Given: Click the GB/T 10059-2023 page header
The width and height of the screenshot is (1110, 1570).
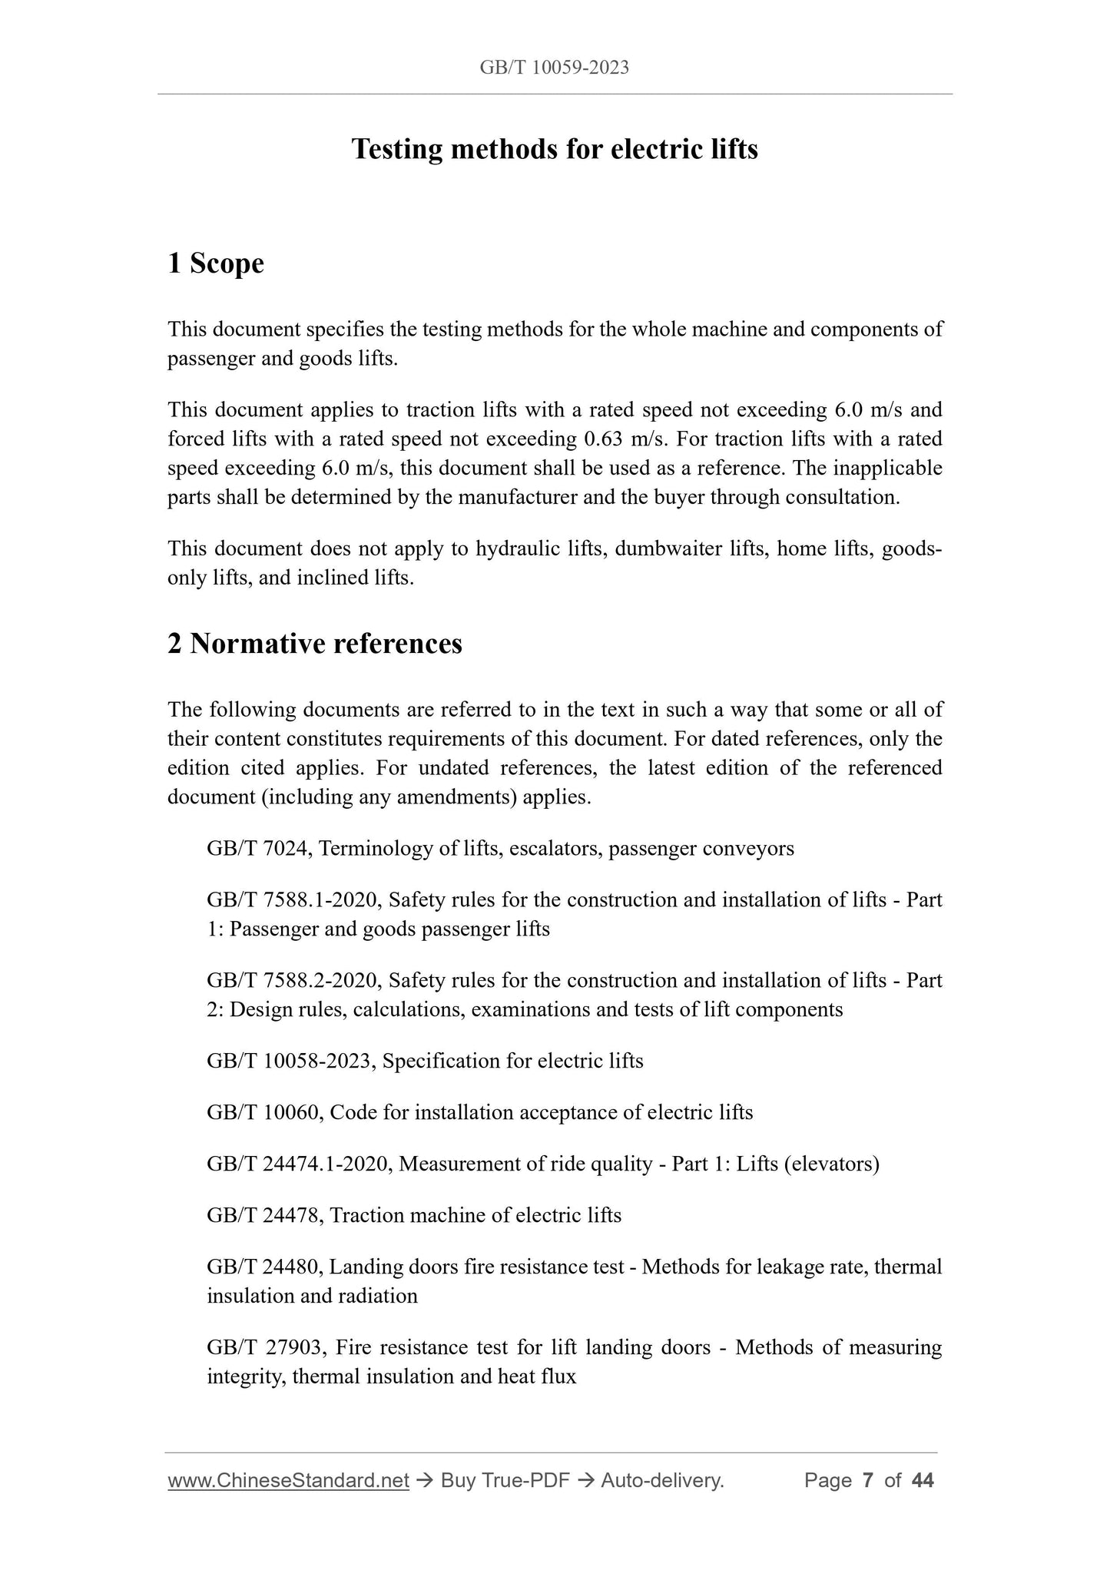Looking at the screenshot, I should point(554,68).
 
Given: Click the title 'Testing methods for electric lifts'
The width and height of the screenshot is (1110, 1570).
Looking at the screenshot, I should point(554,149).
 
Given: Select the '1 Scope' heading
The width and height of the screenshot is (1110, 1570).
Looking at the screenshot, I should point(216,263).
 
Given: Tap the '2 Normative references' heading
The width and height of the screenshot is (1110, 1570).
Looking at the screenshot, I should point(315,644).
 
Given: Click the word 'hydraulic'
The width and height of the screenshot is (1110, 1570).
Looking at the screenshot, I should point(514,549).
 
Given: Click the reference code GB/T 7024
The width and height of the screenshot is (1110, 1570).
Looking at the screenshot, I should point(258,849).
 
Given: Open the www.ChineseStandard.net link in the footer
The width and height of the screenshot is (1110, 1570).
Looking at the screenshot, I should point(288,1481).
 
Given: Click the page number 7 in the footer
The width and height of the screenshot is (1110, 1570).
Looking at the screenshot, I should point(867,1481).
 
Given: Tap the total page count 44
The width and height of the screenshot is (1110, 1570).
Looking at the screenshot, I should point(922,1481).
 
